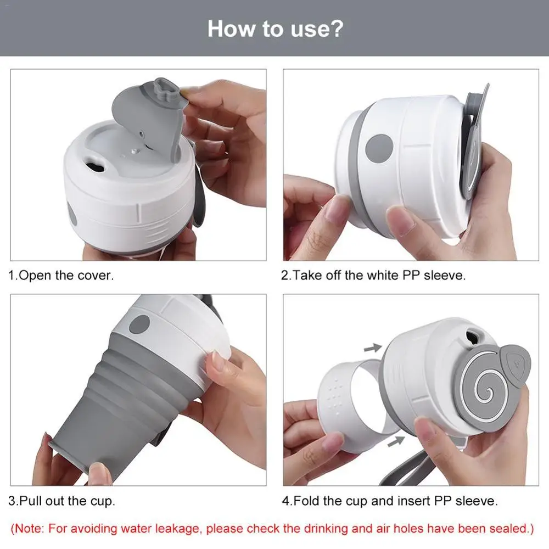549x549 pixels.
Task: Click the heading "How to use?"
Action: coord(274,28)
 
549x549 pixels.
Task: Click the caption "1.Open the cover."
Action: coord(61,275)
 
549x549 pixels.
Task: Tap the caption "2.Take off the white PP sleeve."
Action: coord(373,275)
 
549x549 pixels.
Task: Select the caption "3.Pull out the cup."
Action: coord(61,501)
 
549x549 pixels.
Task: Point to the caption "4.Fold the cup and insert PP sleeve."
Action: coord(390,501)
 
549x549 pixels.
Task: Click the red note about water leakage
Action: coord(273,529)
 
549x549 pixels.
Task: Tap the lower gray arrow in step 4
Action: coord(396,440)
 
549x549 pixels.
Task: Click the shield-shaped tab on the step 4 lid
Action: coord(517,362)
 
